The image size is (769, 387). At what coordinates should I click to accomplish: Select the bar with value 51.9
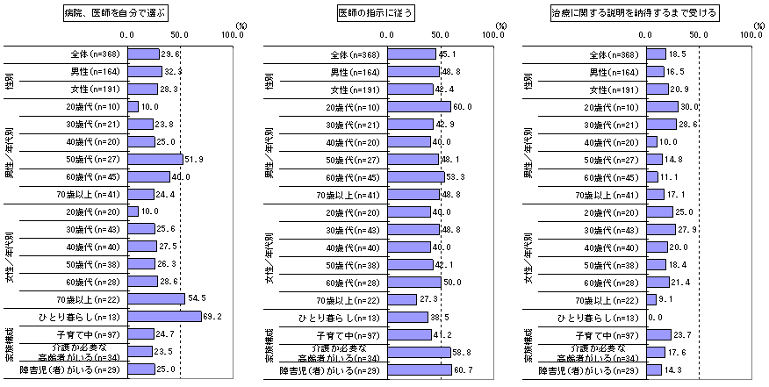coord(155,159)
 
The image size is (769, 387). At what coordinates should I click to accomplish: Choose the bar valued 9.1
coord(651,299)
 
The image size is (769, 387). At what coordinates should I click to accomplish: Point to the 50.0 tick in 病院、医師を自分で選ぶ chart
coord(180,36)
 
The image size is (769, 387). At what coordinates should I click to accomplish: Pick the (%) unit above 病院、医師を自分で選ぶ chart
coord(241,26)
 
